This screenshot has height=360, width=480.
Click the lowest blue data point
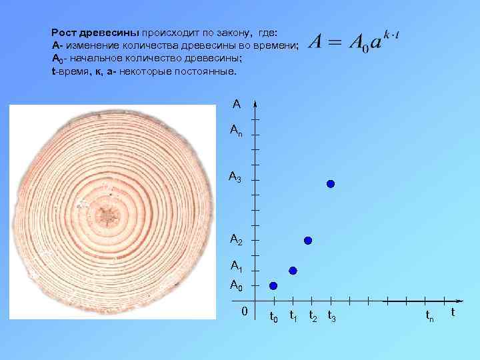coord(273,285)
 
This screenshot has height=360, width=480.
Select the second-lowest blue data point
coord(293,270)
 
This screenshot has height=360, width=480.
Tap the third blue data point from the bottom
coord(308,240)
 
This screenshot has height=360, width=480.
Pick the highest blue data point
coord(330,183)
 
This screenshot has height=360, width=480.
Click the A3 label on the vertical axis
coord(235,177)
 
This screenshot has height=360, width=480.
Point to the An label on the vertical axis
coord(236,131)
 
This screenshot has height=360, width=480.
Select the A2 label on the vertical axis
coord(236,239)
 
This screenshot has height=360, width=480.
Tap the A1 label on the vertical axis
coord(236,267)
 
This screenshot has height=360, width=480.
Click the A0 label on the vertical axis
coord(235,285)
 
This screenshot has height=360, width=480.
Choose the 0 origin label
coord(245,311)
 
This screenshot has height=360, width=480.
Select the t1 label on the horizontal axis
coord(293,316)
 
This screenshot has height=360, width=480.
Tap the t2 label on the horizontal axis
coord(313,316)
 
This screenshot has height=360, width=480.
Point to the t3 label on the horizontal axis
coord(331,316)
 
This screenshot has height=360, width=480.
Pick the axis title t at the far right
coord(453,312)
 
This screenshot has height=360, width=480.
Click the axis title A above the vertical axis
coord(237,104)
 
